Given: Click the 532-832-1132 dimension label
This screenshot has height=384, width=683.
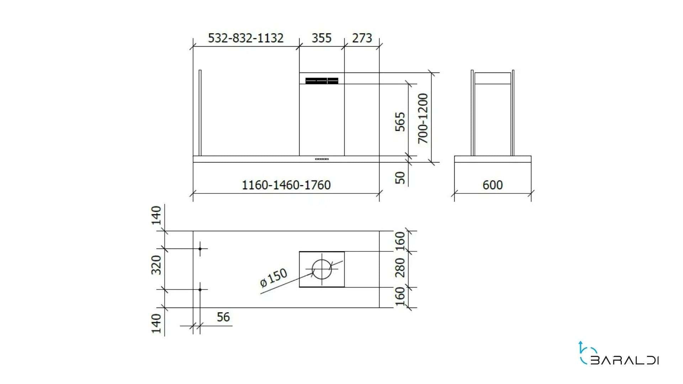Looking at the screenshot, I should tap(245, 38).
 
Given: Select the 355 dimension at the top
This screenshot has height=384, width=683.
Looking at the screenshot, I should tap(322, 38).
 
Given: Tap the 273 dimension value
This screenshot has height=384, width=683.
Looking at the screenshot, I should tap(362, 38).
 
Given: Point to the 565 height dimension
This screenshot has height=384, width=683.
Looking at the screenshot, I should tap(401, 122).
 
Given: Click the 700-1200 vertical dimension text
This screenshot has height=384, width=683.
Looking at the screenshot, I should tap(423, 118).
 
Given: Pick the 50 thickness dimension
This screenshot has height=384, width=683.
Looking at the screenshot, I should tap(401, 177).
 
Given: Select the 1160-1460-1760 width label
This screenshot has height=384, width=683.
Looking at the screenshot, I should tap(286, 185).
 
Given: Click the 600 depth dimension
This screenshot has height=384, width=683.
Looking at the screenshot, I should tap(493, 185).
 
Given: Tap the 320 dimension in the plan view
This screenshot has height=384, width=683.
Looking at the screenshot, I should tap(157, 265).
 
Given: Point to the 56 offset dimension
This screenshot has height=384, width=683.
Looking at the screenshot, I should tap(223, 317).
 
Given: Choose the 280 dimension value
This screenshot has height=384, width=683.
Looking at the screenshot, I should tap(401, 267).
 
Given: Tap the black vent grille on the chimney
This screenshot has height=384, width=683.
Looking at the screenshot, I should tap(322, 81).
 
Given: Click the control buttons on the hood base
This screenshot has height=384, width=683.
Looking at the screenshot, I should tap(322, 159).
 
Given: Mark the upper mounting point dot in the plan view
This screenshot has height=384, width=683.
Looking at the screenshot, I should tap(200, 249).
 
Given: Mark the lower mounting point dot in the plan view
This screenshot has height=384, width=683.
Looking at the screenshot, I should tap(200, 290).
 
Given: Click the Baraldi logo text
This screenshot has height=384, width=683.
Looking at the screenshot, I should tap(625, 361).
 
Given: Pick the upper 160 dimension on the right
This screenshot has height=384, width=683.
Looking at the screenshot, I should tap(401, 241).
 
